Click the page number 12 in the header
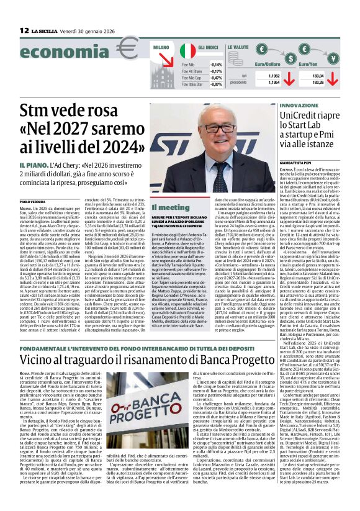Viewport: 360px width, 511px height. click(24, 30)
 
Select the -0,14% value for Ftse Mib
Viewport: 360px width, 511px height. click(217, 65)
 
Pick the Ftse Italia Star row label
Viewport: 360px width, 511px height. click(193, 84)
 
